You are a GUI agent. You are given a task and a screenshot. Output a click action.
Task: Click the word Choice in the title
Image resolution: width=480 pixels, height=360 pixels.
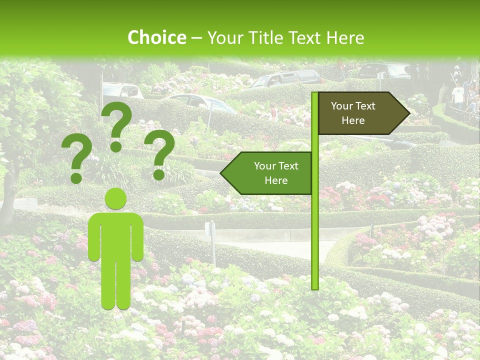point(156,37)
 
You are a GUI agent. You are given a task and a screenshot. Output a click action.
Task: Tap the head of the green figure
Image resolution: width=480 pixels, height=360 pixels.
point(116,199)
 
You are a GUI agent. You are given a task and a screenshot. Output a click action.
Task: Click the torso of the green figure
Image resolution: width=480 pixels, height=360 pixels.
point(116,235)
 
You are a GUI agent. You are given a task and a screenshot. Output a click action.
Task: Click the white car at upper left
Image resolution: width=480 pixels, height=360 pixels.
point(122,90)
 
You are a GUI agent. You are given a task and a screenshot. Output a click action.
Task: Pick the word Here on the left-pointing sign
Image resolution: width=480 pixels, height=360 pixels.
point(276,180)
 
